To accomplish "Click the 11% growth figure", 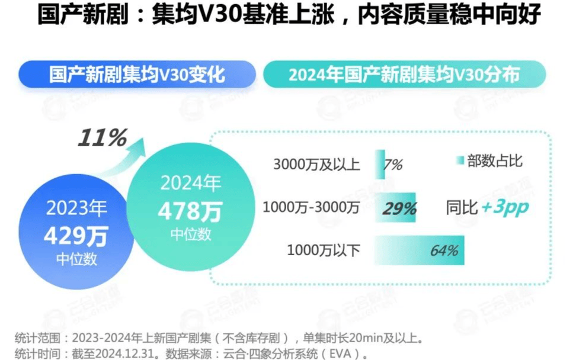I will pyautogui.click(x=103, y=138).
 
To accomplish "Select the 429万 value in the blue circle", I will pyautogui.click(x=76, y=237).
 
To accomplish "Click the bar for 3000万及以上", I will pyautogui.click(x=379, y=164).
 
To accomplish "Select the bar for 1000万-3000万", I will pyautogui.click(x=395, y=207).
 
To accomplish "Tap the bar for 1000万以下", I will pyautogui.click(x=420, y=250).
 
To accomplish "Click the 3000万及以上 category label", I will pyautogui.click(x=316, y=165).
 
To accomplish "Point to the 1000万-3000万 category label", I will pyautogui.click(x=311, y=208).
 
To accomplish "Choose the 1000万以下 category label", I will pyautogui.click(x=324, y=250).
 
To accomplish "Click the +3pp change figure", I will pyautogui.click(x=504, y=208).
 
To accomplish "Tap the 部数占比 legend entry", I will pyautogui.click(x=489, y=161).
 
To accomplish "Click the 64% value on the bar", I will pyautogui.click(x=444, y=250).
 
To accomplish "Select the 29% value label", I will pyautogui.click(x=399, y=208).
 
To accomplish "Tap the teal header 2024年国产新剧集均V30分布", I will pyautogui.click(x=404, y=75).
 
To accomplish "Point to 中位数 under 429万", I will pyautogui.click(x=76, y=259).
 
